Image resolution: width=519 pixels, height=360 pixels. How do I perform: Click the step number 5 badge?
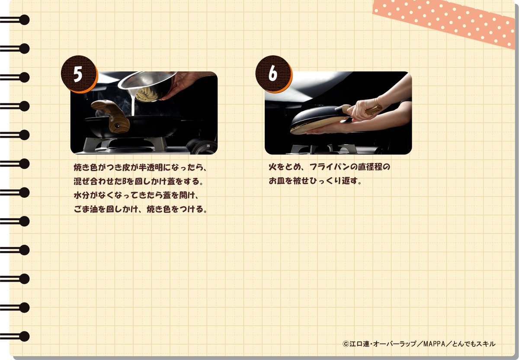click(79, 74)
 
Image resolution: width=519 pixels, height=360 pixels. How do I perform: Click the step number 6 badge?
click(273, 74)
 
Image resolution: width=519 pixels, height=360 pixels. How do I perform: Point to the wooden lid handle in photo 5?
click(111, 116)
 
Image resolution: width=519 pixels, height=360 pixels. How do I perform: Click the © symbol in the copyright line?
click(346, 344)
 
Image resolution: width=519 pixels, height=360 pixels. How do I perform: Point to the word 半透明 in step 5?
click(151, 167)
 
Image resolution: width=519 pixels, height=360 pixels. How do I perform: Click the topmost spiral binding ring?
click(15, 20)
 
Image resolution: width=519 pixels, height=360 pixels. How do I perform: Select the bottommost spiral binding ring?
click(15, 336)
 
